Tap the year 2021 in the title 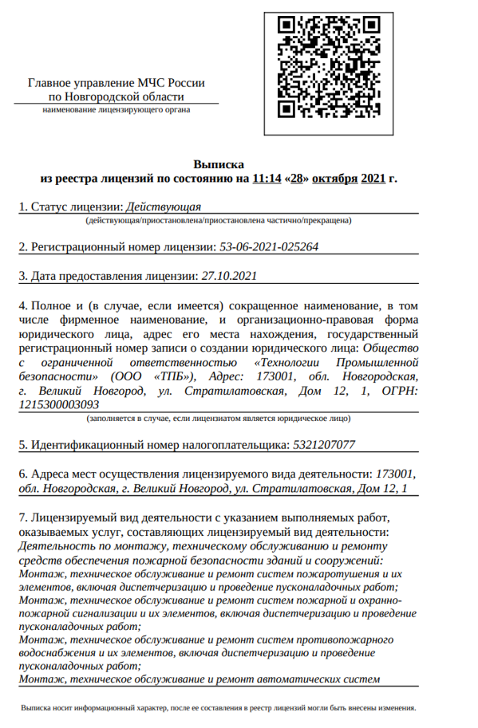(373, 178)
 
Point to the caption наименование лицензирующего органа (117, 110)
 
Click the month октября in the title (334, 178)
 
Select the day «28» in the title (296, 178)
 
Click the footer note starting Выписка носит (218, 708)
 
